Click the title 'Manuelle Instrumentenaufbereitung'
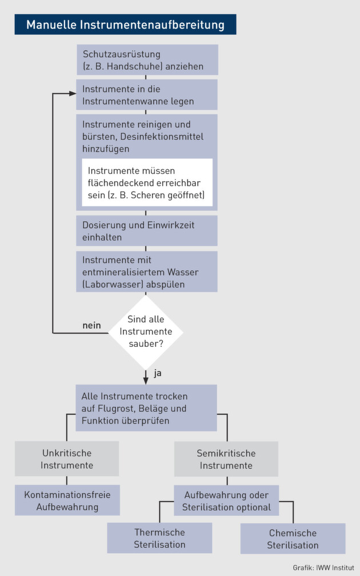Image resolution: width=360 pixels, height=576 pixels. tap(125, 25)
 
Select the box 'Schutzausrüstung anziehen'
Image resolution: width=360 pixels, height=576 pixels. tap(147, 60)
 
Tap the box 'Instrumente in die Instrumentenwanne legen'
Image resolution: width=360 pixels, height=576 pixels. tap(147, 95)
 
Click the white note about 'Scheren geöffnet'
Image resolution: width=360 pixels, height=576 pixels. tap(147, 183)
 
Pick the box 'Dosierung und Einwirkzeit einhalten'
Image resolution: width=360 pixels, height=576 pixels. tap(147, 231)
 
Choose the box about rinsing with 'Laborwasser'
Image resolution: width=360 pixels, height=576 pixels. tap(147, 271)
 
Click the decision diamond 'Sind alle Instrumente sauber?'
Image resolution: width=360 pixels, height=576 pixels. tap(146, 332)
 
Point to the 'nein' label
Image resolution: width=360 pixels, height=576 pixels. tap(91, 326)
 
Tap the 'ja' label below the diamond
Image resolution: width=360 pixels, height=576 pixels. tap(158, 374)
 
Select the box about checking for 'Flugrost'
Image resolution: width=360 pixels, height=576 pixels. tap(146, 408)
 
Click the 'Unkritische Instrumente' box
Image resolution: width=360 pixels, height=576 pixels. tap(67, 459)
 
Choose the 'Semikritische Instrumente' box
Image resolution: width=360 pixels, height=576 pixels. tap(226, 459)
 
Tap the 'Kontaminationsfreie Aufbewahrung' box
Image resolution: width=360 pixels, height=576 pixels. tap(67, 500)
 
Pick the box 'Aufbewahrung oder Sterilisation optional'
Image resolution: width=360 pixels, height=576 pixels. tap(226, 501)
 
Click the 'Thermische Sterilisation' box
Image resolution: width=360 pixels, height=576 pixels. tap(159, 538)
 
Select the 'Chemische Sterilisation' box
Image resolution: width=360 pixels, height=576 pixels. tap(293, 538)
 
